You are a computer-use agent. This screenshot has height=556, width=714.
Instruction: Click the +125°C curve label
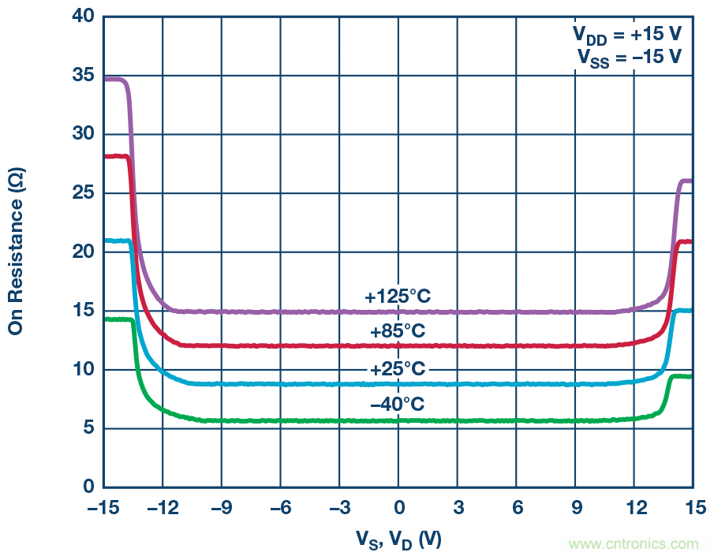click(398, 297)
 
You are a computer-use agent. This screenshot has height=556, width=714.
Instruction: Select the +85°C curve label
click(398, 331)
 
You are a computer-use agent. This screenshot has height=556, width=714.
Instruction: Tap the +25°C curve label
click(398, 370)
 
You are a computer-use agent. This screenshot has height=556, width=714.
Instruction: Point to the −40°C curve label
click(398, 405)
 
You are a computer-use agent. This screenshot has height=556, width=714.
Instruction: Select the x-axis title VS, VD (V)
click(398, 539)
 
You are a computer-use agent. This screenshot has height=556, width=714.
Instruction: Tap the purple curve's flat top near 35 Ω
click(114, 80)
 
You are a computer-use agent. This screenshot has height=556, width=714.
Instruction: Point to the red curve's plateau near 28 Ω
click(116, 156)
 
